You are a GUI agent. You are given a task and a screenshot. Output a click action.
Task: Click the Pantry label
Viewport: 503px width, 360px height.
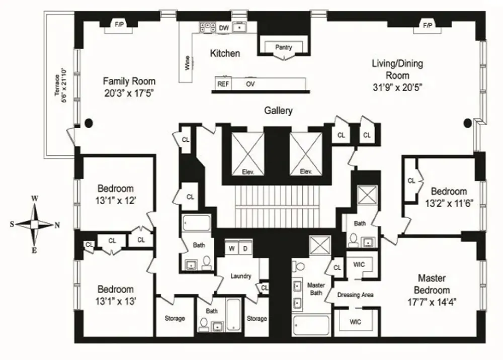point(284,47)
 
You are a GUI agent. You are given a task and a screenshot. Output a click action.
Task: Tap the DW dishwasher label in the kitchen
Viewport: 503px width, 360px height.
point(224,28)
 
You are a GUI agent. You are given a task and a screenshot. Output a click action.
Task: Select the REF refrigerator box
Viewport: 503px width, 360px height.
point(223,83)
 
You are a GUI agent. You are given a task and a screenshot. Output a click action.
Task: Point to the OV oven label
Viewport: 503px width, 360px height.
point(250,84)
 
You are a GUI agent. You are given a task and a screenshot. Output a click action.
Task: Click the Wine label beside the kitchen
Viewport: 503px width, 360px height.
point(187,63)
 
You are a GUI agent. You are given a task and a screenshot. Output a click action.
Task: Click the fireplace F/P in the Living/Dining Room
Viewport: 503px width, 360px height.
point(427,25)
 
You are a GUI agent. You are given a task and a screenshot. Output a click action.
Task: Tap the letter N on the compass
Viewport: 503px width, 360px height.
point(57,225)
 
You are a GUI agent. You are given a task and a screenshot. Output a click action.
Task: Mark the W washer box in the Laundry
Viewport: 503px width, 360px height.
point(231,248)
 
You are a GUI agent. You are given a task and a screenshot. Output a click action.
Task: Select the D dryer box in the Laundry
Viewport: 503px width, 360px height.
point(245,248)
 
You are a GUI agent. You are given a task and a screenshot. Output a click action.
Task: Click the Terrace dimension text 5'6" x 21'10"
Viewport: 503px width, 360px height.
point(64,85)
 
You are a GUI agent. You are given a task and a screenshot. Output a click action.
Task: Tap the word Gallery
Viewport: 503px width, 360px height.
point(278,111)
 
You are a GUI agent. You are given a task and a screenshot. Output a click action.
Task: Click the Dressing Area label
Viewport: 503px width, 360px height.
point(355,295)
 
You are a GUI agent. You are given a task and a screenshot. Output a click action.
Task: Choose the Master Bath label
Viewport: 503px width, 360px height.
point(316,289)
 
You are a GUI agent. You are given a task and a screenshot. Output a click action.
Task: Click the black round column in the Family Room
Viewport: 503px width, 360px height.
point(89,123)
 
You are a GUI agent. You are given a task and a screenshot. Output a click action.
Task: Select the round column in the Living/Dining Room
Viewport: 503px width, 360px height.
point(468,122)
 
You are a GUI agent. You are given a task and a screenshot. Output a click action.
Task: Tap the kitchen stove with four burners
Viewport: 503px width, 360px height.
point(208,27)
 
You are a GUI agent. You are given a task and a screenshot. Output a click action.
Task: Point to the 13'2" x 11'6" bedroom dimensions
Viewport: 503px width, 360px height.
point(449,203)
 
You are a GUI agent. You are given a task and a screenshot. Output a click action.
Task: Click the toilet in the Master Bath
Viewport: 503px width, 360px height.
point(299,266)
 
